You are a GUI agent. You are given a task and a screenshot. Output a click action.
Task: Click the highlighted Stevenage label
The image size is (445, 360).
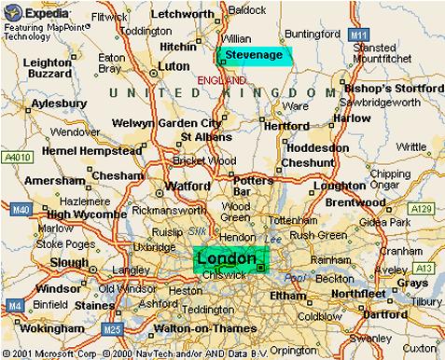pos(255,55)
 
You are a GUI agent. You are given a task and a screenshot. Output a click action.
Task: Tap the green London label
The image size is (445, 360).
pos(227,256)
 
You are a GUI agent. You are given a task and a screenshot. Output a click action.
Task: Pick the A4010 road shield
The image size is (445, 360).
pos(15,157)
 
